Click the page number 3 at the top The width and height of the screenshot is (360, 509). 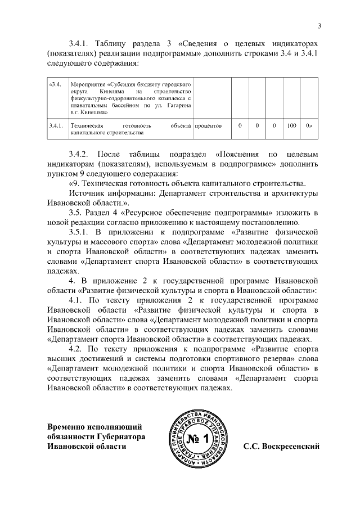[319, 25]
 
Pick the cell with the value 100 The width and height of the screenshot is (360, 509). [291, 126]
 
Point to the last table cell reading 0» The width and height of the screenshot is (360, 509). [308, 126]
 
